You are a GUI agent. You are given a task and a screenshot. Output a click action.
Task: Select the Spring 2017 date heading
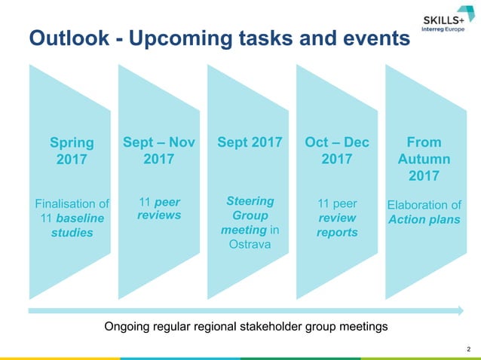click(72, 151)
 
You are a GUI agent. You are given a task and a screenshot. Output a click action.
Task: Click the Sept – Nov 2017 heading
click(159, 151)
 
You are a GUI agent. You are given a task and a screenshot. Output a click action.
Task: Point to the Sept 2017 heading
click(250, 142)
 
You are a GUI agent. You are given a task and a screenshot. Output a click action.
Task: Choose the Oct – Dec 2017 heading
click(337, 151)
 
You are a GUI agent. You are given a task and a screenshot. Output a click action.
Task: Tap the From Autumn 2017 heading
click(424, 159)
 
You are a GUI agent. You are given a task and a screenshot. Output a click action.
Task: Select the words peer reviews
click(160, 209)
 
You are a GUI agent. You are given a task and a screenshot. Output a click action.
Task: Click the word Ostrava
click(250, 245)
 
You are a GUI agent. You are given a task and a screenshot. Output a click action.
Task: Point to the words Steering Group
click(250, 209)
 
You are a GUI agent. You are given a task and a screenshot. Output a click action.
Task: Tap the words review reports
click(337, 225)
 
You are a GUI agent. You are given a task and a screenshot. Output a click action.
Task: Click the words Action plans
click(424, 219)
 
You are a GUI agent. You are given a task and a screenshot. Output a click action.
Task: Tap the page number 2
click(469, 349)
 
